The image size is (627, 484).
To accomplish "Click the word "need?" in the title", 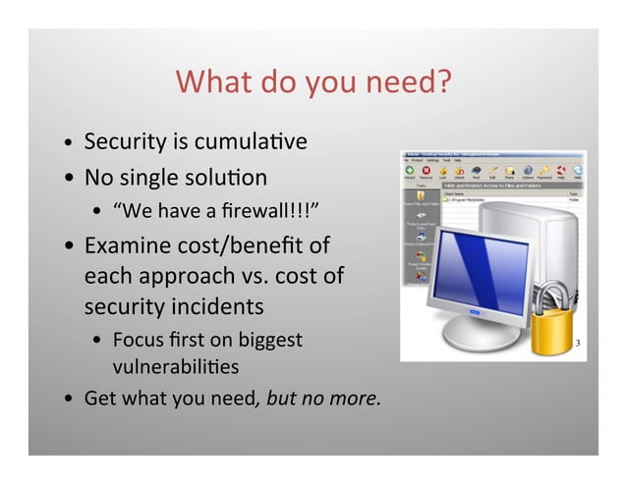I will (411, 83).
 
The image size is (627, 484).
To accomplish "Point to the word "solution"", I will (229, 179).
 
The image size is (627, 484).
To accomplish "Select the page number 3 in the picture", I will (578, 345).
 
